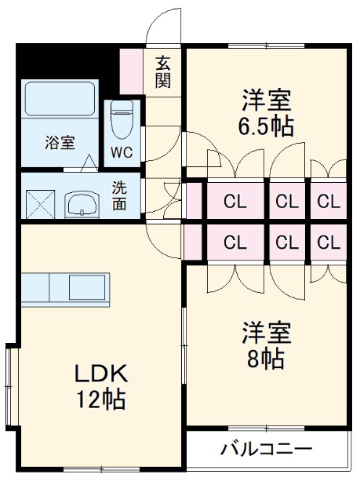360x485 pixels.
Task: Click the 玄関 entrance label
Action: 163,71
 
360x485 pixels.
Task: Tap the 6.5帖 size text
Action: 267,127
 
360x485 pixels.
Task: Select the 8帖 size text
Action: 267,359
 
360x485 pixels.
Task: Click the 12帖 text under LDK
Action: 100,399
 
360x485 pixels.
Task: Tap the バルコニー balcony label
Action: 266,450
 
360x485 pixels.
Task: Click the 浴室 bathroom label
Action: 60,144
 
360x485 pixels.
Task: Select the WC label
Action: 122,151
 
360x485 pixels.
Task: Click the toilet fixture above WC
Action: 122,119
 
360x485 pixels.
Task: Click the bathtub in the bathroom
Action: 60,99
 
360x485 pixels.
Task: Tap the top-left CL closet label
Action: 235,202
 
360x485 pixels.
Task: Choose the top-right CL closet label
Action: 329,202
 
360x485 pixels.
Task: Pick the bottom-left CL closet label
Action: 235,242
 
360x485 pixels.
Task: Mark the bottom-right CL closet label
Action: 329,242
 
